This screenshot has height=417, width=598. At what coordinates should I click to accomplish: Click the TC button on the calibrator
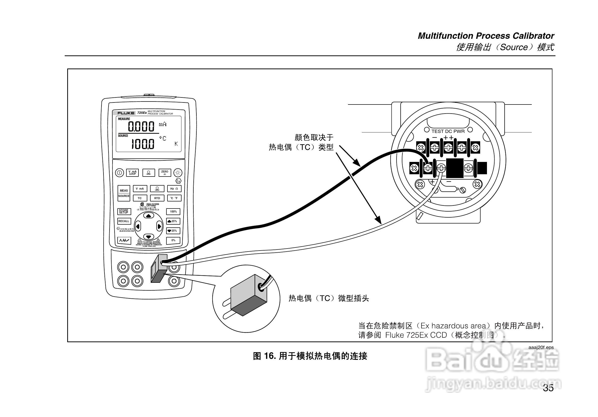coord(140,198)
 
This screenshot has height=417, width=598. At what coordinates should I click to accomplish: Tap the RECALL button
coord(124,221)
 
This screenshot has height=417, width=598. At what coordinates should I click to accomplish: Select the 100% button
coord(173,212)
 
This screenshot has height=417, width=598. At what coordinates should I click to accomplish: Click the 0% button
coord(173,240)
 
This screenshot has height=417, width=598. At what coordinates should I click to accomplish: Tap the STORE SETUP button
coord(124,212)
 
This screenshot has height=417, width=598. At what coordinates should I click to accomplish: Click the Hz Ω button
coord(174,189)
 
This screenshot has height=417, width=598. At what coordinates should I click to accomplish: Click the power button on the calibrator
coord(120,173)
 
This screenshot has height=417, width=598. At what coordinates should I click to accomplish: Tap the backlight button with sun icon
coord(178,173)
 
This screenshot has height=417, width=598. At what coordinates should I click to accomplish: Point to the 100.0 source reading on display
coord(143,144)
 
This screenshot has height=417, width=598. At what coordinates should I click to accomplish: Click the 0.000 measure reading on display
coord(141,127)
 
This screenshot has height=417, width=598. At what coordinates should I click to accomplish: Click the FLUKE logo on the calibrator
coord(126,113)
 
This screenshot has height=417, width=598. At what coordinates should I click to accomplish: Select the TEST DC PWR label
coord(448,131)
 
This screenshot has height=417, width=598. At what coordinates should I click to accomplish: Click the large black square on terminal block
coord(455,168)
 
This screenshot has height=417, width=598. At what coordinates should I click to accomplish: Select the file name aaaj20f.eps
coord(541,347)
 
